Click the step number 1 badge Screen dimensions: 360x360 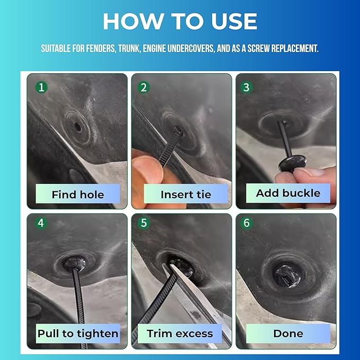point(41,87)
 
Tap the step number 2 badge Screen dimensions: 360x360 point(144,87)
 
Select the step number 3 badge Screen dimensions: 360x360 point(247,87)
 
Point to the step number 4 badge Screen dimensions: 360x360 point(41,223)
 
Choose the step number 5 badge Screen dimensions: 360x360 point(144,223)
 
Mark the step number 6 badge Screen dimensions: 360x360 point(247,223)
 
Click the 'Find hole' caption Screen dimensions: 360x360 point(78,195)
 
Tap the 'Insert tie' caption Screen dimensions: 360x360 point(186,195)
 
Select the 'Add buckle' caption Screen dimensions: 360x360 point(288,193)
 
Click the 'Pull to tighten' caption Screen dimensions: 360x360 point(78,334)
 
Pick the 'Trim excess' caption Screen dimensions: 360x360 point(180,333)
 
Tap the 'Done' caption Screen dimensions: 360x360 point(288,333)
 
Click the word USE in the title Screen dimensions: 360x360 point(234,21)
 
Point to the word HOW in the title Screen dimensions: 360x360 point(133,21)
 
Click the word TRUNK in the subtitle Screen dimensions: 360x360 point(129,48)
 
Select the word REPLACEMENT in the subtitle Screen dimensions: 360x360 point(295,48)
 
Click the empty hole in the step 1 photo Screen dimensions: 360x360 point(77,127)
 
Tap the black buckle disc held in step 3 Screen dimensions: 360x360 point(292,163)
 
